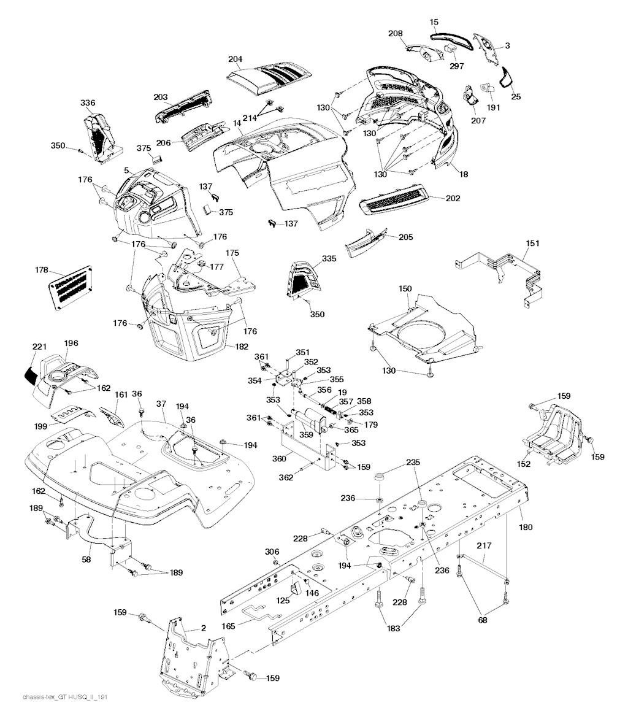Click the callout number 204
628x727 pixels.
click(x=235, y=60)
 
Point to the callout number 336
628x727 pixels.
click(x=88, y=102)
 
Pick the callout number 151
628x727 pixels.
click(x=533, y=244)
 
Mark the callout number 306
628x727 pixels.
click(x=272, y=552)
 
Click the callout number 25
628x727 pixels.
click(x=515, y=97)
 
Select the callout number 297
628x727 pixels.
click(x=456, y=66)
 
